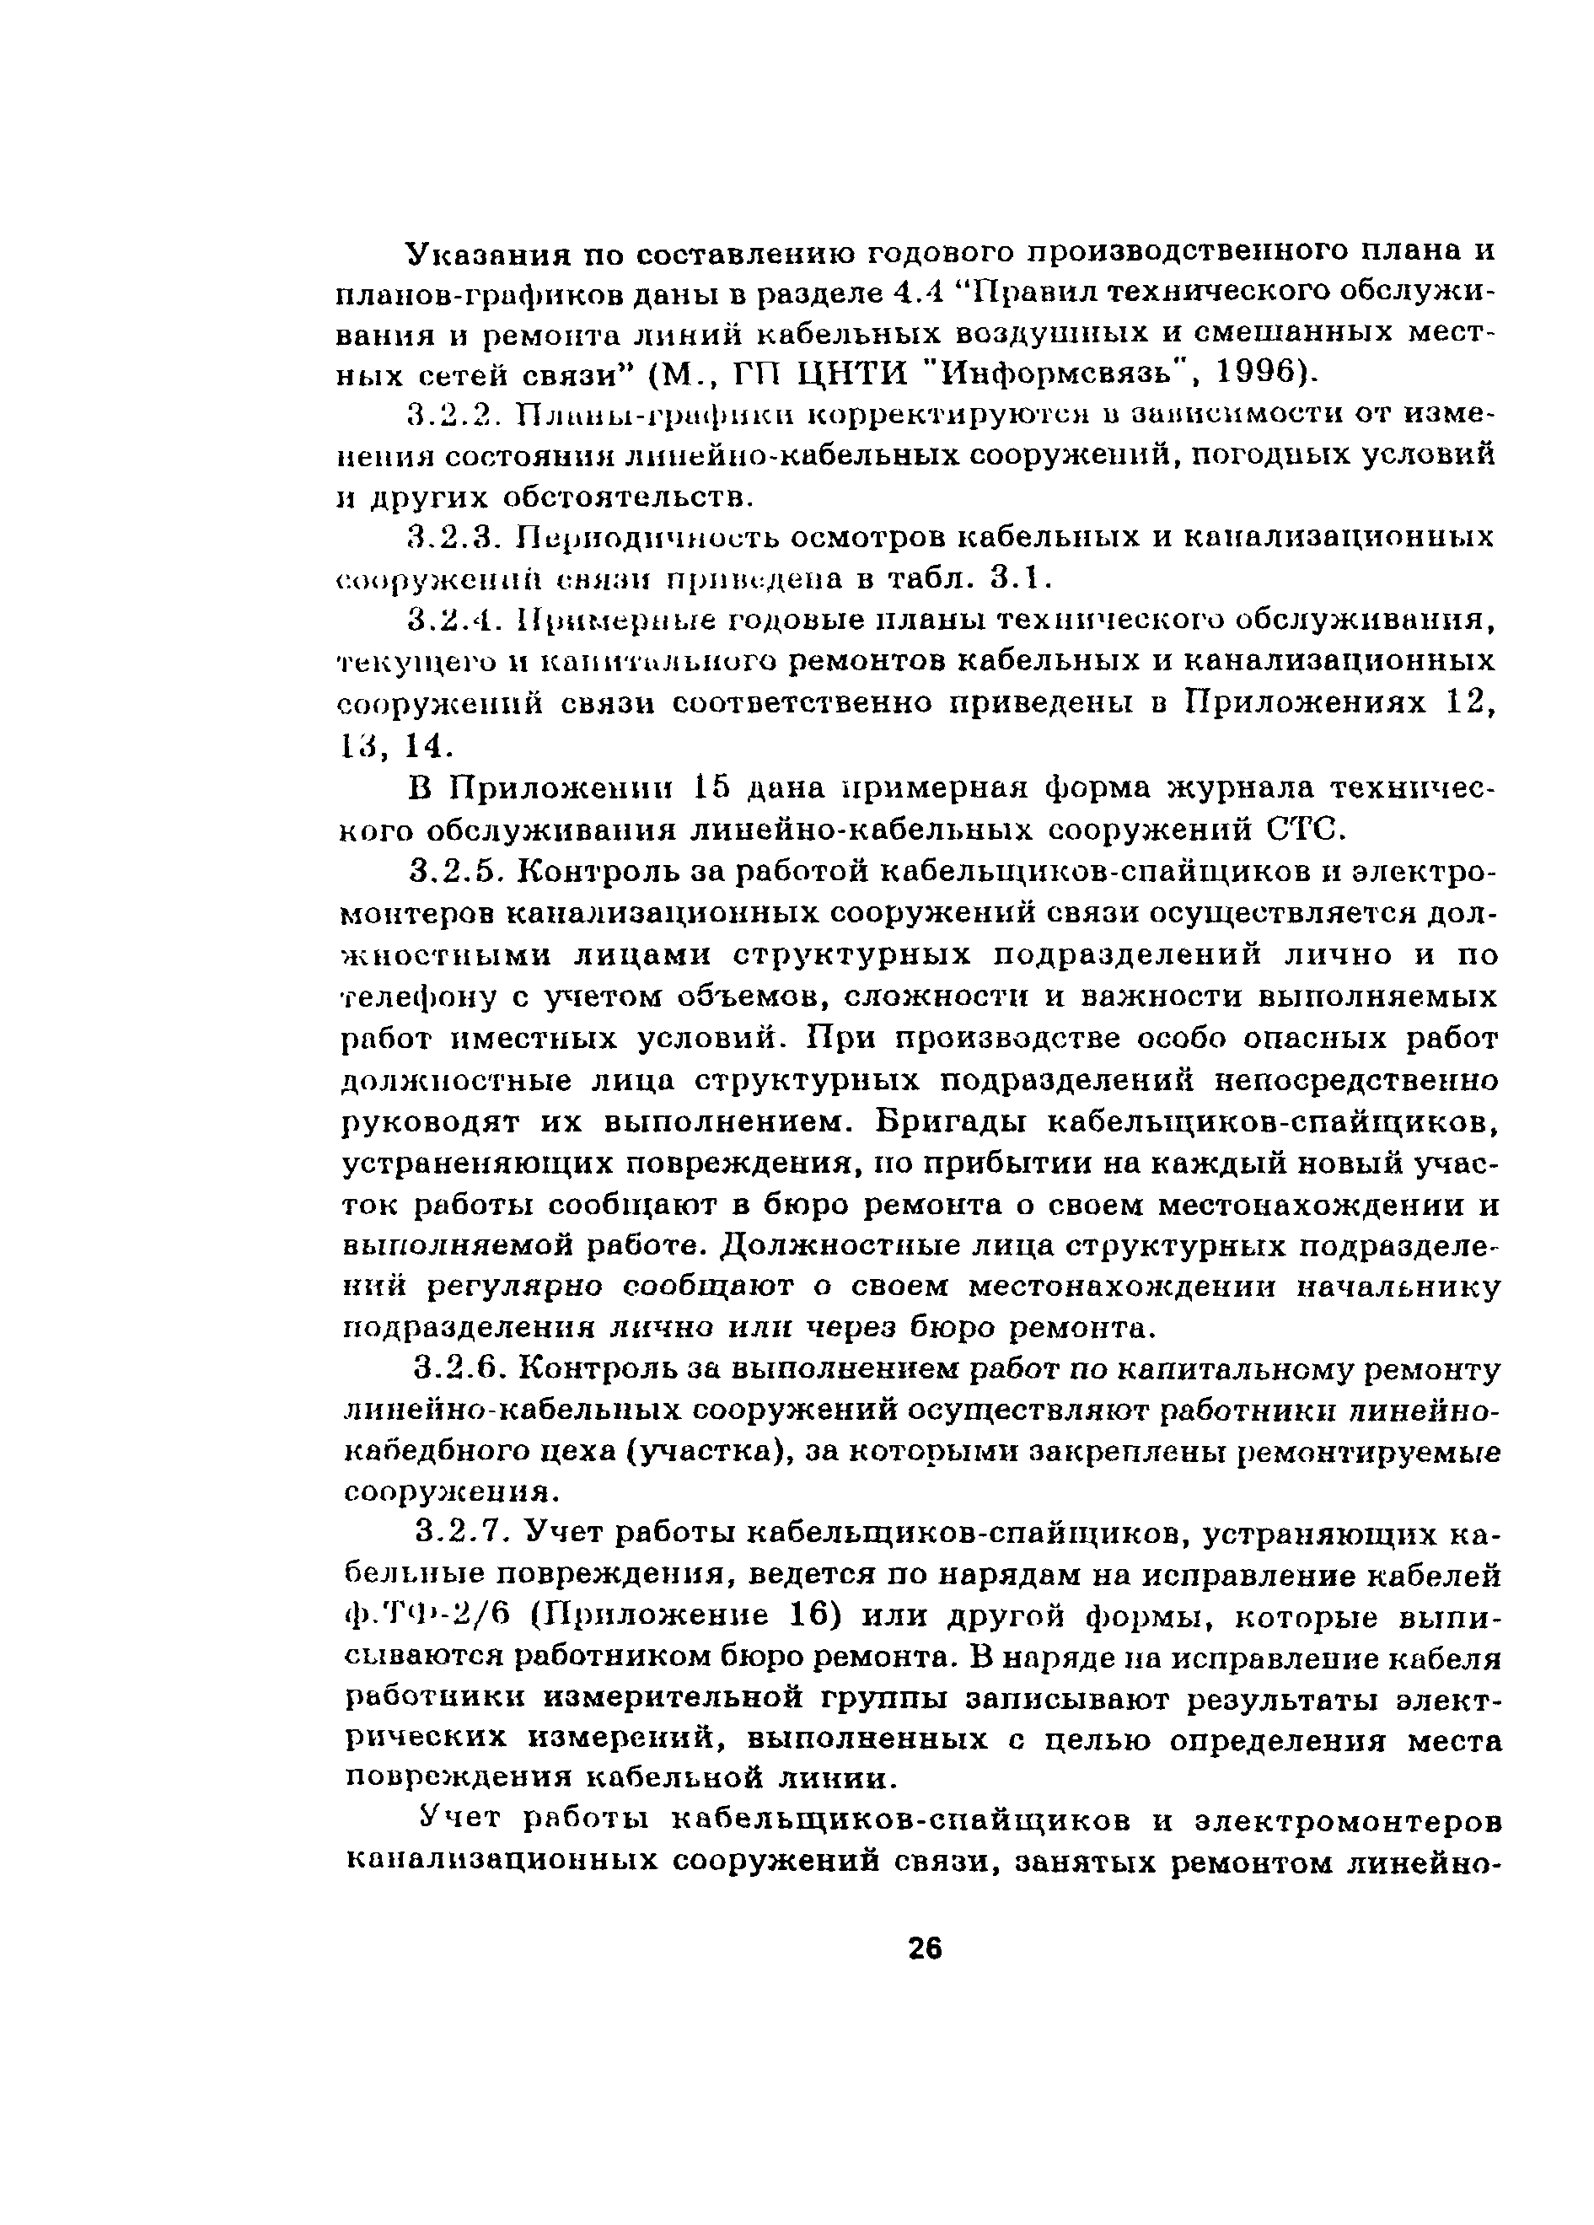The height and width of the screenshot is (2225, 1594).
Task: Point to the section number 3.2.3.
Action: (x=454, y=538)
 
